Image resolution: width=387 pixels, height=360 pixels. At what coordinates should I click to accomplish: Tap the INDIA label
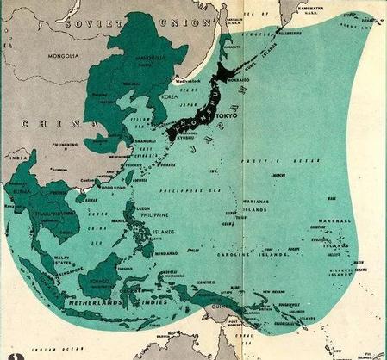14,158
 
